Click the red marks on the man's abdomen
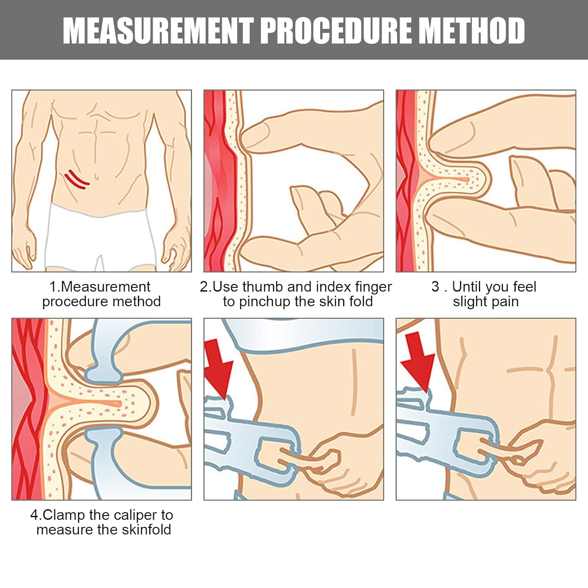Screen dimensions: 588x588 click(77, 180)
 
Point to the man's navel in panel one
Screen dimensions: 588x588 click(96, 178)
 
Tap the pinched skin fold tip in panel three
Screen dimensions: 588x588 click(486, 179)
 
